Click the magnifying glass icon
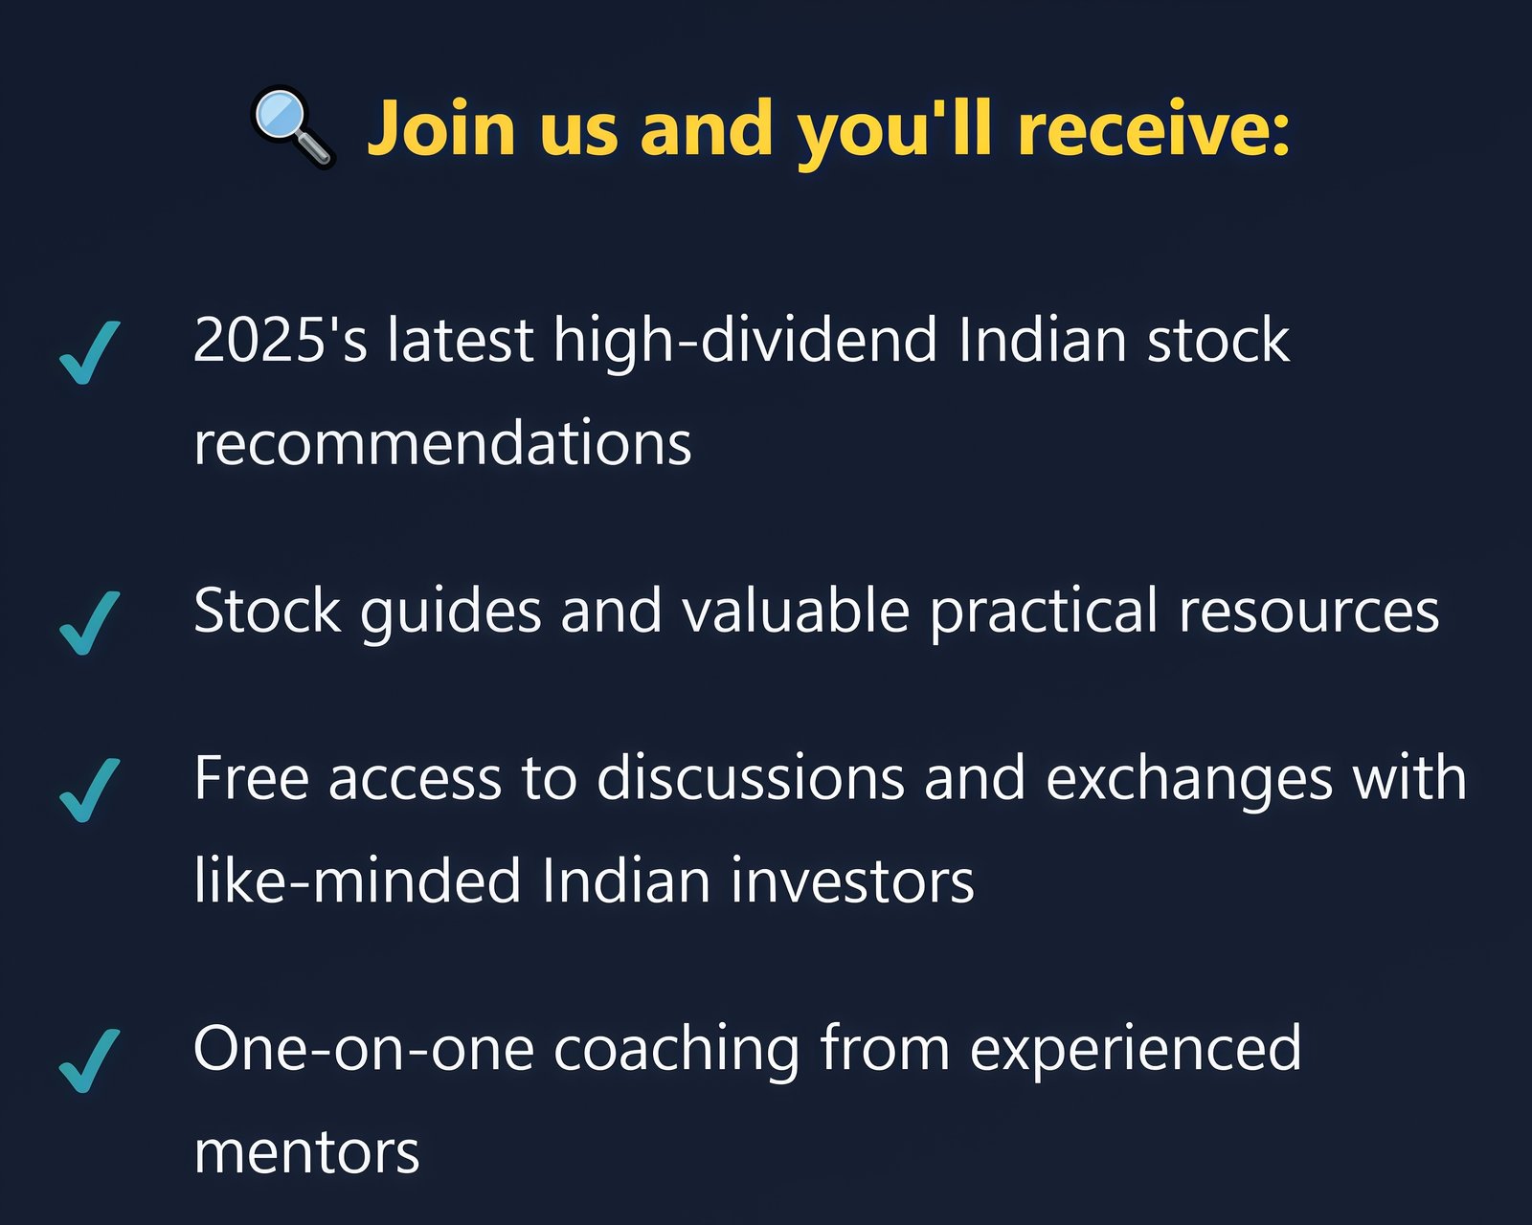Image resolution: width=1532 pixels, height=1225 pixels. pyautogui.click(x=293, y=128)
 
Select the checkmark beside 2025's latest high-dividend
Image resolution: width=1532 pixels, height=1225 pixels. pyautogui.click(x=89, y=353)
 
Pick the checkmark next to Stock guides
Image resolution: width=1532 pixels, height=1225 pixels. pyautogui.click(x=89, y=623)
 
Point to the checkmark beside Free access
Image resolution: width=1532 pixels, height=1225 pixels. pyautogui.click(x=89, y=791)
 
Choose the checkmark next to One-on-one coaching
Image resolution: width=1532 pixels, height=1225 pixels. pyautogui.click(x=89, y=1060)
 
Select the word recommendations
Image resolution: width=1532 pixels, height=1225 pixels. pyautogui.click(x=442, y=444)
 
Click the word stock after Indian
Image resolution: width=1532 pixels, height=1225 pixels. pyautogui.click(x=1218, y=341)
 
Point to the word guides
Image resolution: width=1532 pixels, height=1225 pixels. pyautogui.click(x=451, y=613)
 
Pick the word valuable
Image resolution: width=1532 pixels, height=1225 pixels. pyautogui.click(x=796, y=610)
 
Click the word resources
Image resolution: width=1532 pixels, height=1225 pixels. pyautogui.click(x=1309, y=612)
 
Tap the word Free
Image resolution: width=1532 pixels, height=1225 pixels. pyautogui.click(x=251, y=779)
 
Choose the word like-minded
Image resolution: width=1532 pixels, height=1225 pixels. pyautogui.click(x=356, y=880)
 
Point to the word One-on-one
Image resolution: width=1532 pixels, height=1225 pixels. pyautogui.click(x=363, y=1049)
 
